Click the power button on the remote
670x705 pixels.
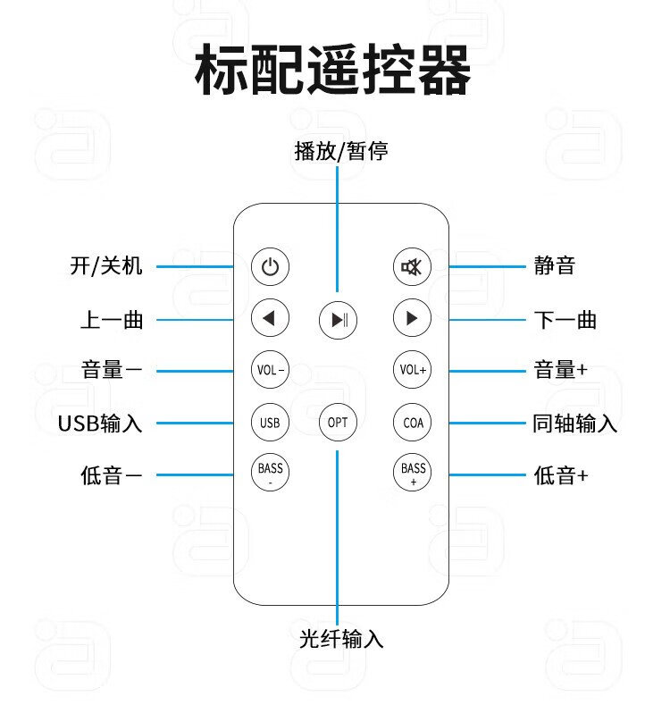(271, 265)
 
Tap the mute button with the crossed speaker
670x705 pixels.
(413, 265)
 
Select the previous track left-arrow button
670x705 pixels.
(271, 317)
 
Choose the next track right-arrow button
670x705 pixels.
(413, 317)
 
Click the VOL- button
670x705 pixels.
(271, 370)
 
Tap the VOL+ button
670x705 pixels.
(413, 370)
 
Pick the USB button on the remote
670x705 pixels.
(271, 423)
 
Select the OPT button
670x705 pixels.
(338, 423)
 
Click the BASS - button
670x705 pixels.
(271, 473)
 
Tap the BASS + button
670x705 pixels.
(413, 473)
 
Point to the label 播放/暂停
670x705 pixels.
(341, 151)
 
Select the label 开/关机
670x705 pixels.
(105, 265)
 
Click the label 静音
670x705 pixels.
(554, 265)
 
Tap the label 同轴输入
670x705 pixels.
(574, 423)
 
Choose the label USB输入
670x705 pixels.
(100, 423)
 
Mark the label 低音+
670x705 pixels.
(561, 475)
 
